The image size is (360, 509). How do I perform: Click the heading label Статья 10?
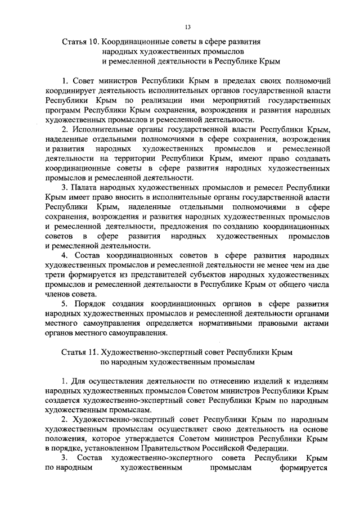click(x=80, y=41)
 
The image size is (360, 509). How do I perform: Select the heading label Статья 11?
click(x=80, y=351)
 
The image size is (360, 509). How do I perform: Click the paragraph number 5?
click(x=65, y=304)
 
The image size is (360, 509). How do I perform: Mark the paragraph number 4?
click(x=65, y=255)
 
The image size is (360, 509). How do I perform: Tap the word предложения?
click(x=197, y=226)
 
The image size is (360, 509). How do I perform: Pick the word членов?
click(x=58, y=294)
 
